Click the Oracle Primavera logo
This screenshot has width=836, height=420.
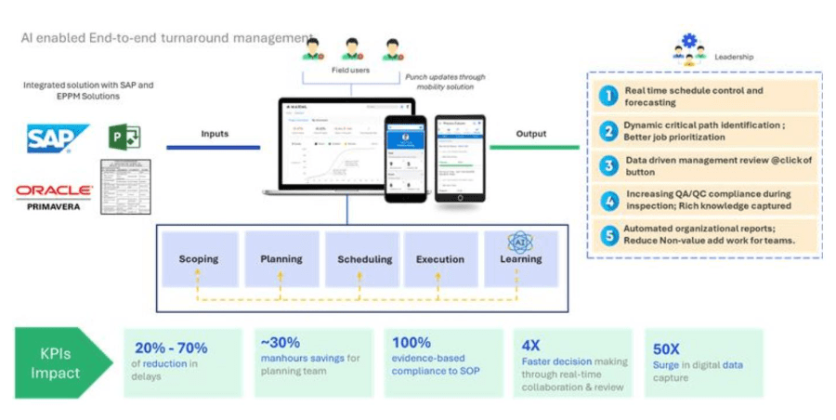coord(54,195)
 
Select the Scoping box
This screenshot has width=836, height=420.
coord(198,258)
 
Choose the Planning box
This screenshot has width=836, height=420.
coord(281,258)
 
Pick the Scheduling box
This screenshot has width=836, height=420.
coord(362,258)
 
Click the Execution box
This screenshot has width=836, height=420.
coord(441,258)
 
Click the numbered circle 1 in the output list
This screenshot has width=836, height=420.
coord(607,96)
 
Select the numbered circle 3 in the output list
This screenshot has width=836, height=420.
coord(607,164)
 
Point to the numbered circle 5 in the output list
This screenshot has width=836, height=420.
coord(607,234)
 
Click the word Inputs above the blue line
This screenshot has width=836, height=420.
coord(215,134)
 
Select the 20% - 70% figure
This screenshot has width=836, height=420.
coord(170,348)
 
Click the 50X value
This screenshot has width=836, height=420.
coord(666,349)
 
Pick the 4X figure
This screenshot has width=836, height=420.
coord(531,342)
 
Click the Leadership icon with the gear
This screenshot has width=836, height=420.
coord(688,47)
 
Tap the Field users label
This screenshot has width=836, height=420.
coord(351,70)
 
